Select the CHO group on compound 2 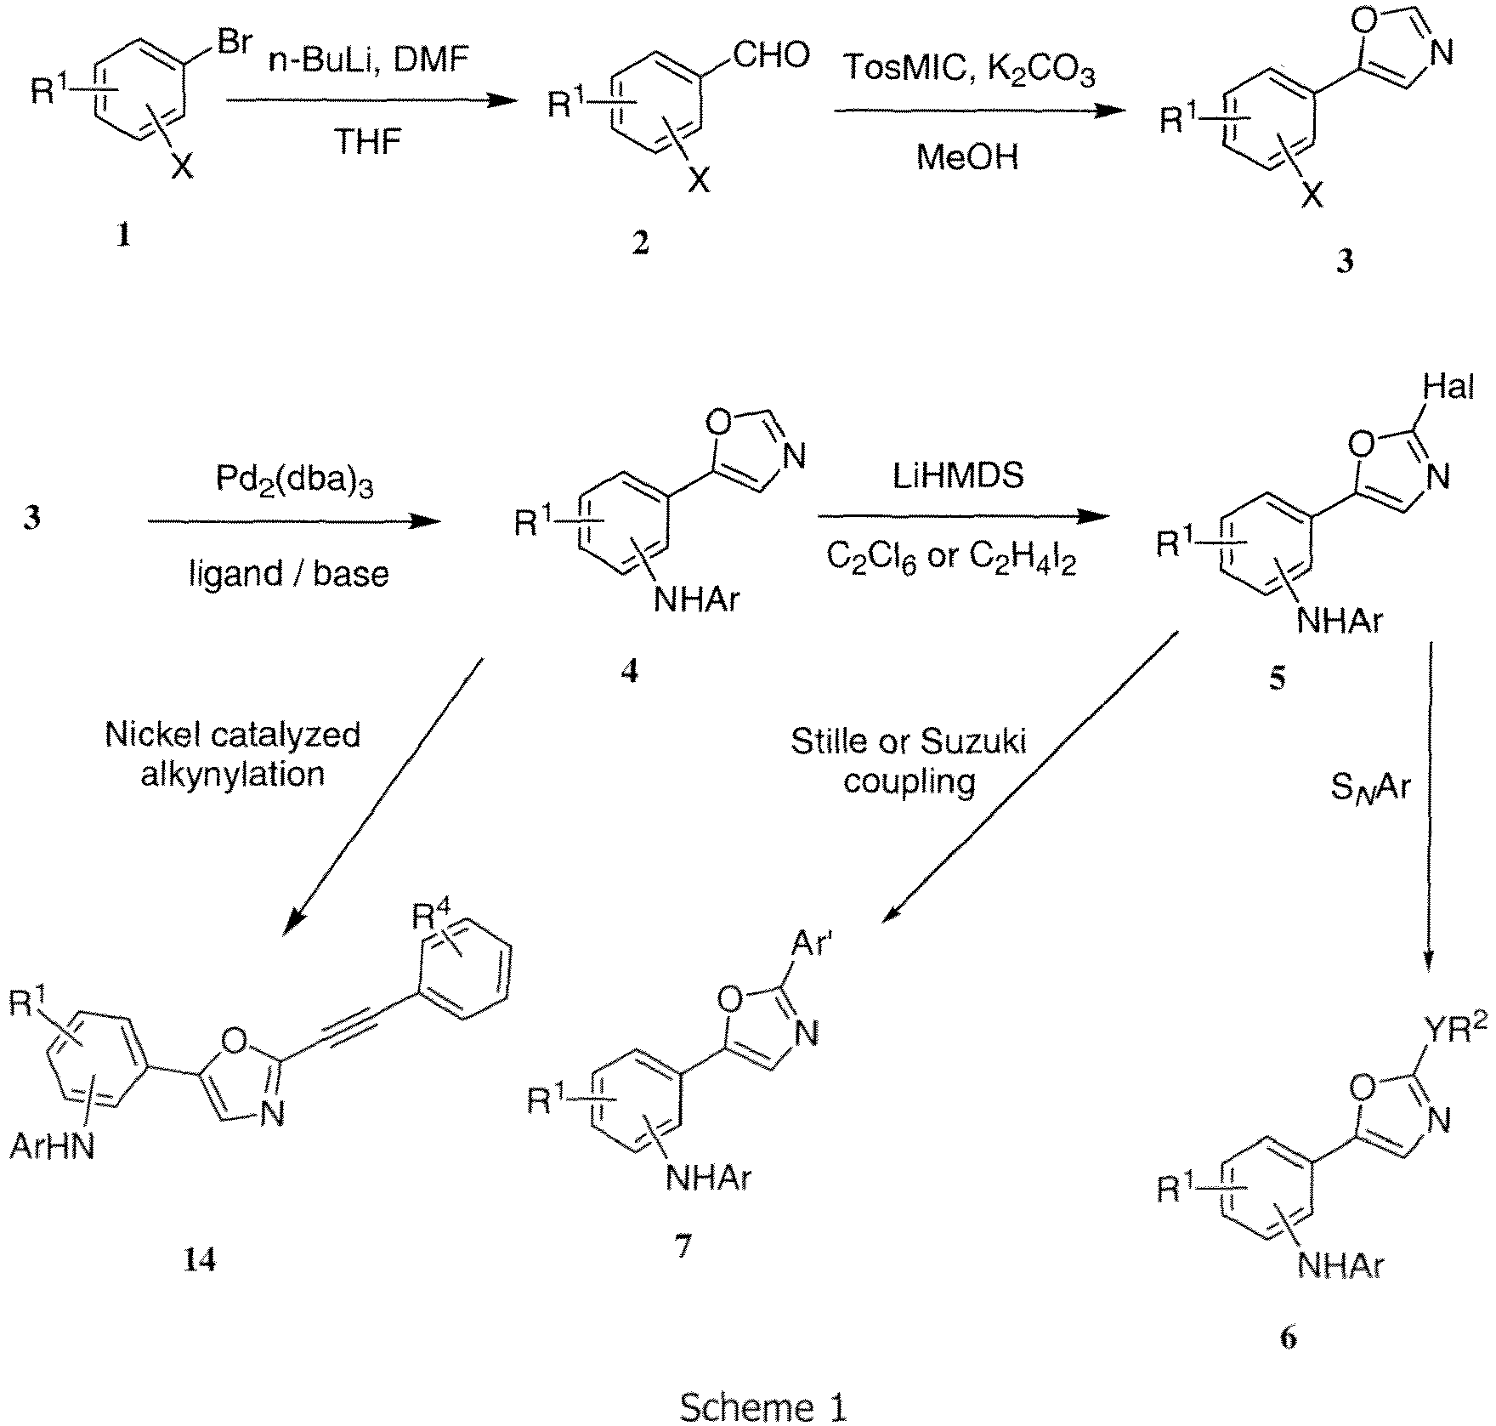[770, 56]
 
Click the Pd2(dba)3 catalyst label [293, 484]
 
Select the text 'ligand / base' [289, 574]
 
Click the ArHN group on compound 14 [53, 1147]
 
